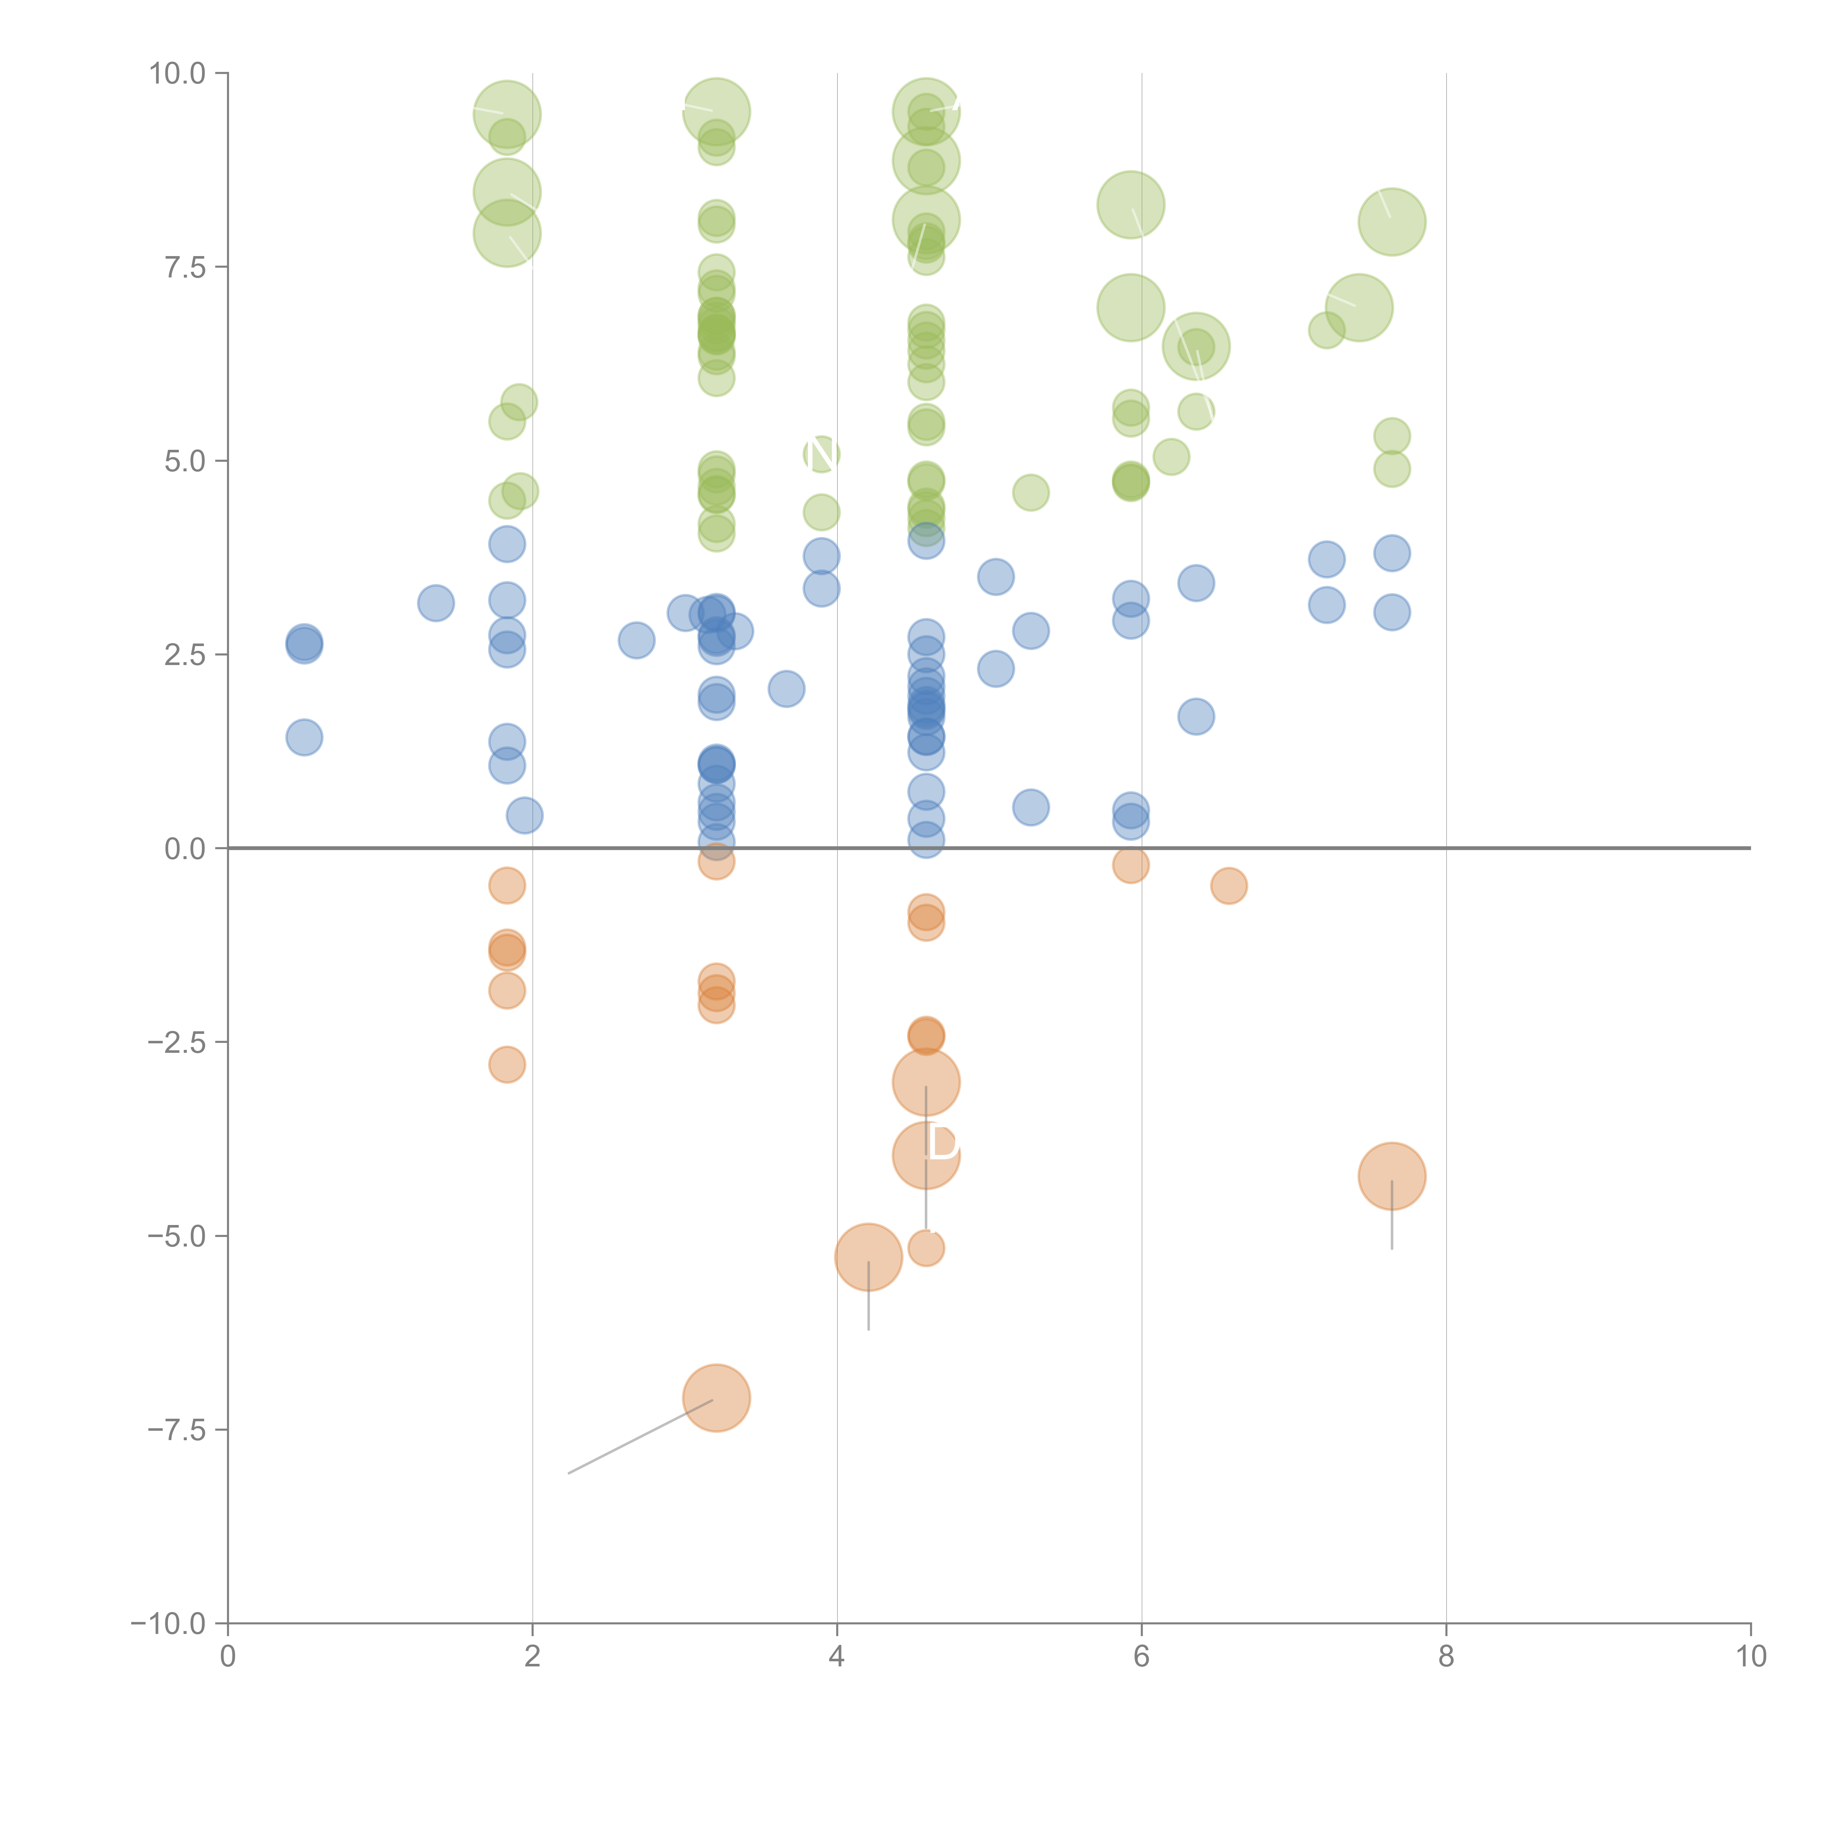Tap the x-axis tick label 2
tap(533, 1657)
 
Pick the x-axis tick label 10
tap(1750, 1657)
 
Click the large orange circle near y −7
tap(716, 1398)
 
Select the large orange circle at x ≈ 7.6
tap(1392, 1176)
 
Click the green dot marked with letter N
tap(822, 454)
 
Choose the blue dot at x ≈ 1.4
tap(435, 602)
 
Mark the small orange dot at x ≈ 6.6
tap(1228, 886)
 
